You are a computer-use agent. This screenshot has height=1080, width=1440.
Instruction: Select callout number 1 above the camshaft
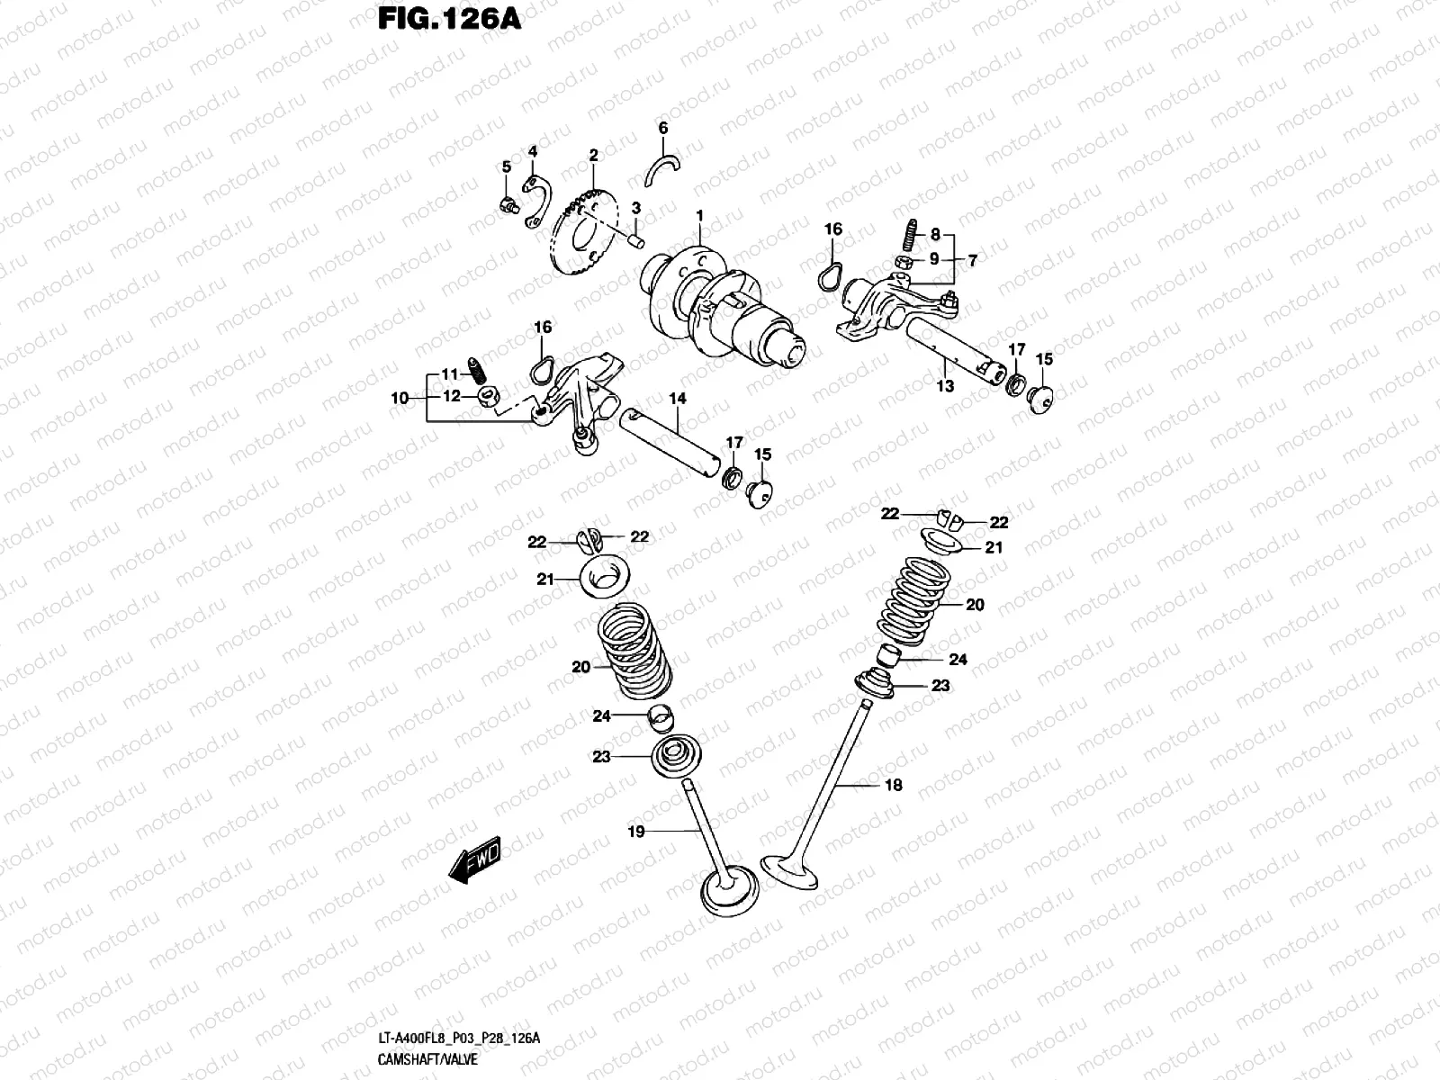pyautogui.click(x=698, y=215)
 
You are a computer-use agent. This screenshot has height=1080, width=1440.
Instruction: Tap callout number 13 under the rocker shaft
pyautogui.click(x=945, y=385)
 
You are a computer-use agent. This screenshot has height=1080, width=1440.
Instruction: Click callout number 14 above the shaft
pyautogui.click(x=677, y=397)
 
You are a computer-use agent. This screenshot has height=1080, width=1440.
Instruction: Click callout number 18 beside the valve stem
pyautogui.click(x=893, y=785)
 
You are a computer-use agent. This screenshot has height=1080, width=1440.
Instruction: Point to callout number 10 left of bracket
pyautogui.click(x=400, y=397)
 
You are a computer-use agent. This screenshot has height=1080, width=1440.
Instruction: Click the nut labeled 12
pyautogui.click(x=490, y=396)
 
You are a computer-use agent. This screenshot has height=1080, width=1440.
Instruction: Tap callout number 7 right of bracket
pyautogui.click(x=971, y=259)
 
